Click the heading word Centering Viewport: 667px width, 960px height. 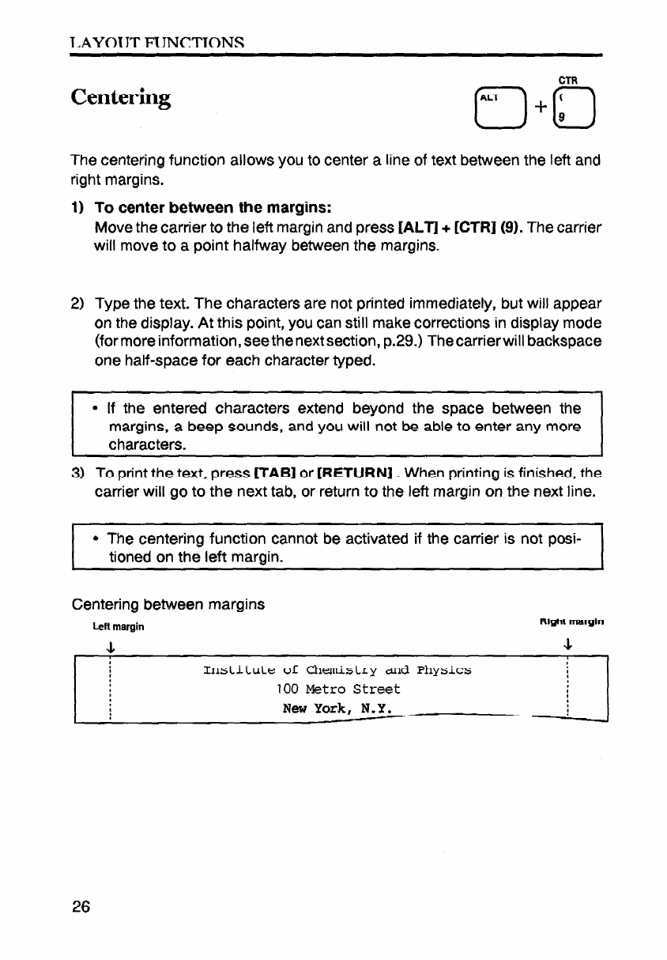point(120,98)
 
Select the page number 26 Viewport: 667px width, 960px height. point(81,906)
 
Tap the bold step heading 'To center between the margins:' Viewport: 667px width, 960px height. point(212,208)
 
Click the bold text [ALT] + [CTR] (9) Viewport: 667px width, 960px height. point(446,228)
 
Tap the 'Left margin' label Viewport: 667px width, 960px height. point(119,627)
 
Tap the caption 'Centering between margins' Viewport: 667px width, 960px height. point(168,605)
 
